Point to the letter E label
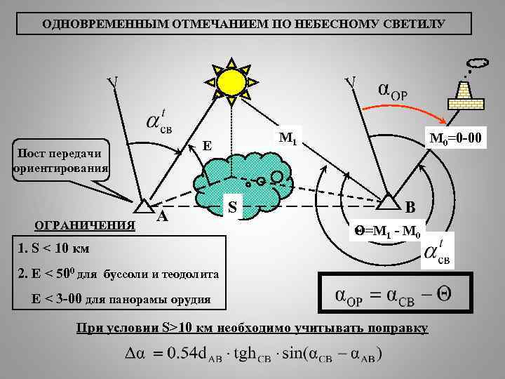(x=207, y=146)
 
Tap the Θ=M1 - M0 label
(x=386, y=230)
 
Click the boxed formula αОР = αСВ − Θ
(x=395, y=295)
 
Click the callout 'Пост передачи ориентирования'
(x=59, y=161)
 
